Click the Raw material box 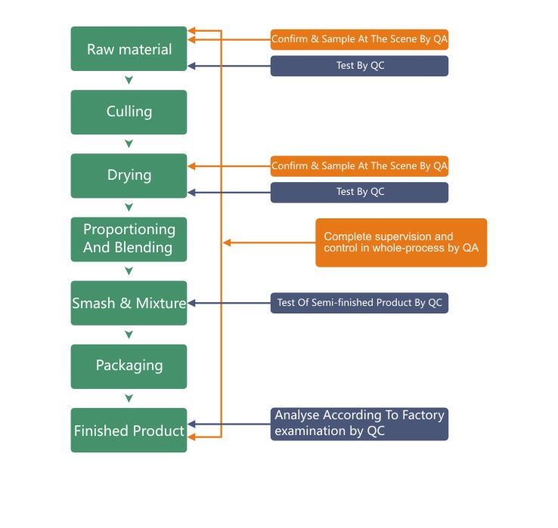(x=129, y=49)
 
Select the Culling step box (x=129, y=112)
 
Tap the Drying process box (x=129, y=175)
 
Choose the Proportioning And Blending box (x=129, y=239)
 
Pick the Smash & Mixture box (x=129, y=303)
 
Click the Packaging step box (x=129, y=366)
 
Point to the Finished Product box (x=129, y=431)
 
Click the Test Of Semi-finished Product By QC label (x=359, y=303)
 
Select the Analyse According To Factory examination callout (x=359, y=424)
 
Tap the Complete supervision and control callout (x=401, y=242)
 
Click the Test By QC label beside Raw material (x=359, y=66)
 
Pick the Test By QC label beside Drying (x=359, y=192)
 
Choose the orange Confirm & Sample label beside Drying (x=359, y=165)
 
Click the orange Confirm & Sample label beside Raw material (x=359, y=39)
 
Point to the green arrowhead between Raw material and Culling (x=129, y=80)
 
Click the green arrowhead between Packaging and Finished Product (x=129, y=398)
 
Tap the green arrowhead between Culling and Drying (x=129, y=144)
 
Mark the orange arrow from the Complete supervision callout (x=268, y=242)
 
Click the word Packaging (x=129, y=366)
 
